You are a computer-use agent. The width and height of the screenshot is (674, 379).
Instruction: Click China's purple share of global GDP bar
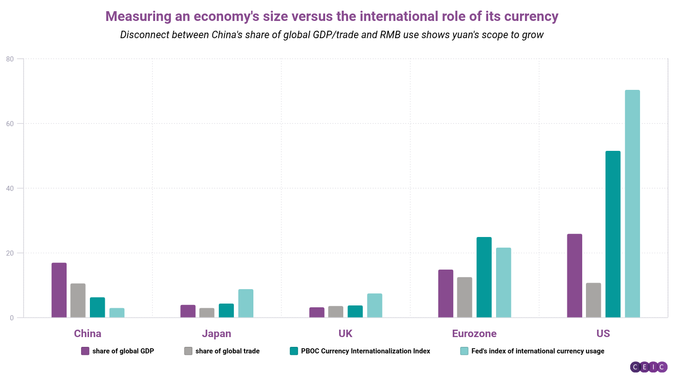click(59, 290)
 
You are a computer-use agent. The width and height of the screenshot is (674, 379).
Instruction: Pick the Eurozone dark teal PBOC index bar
click(484, 277)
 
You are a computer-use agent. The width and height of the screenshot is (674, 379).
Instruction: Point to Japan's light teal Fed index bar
click(245, 304)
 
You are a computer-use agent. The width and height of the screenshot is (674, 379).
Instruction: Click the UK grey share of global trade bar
click(335, 312)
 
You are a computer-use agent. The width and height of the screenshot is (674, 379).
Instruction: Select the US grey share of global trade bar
click(593, 300)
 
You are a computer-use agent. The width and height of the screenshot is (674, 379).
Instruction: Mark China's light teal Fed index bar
click(117, 313)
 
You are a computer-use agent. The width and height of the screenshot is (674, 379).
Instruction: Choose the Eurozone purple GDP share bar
click(446, 294)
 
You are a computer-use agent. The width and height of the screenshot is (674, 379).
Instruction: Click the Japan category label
click(217, 334)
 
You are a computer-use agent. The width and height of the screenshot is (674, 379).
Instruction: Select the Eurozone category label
click(474, 334)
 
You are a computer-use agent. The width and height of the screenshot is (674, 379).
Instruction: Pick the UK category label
click(346, 334)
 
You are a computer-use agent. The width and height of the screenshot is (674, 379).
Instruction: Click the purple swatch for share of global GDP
click(85, 351)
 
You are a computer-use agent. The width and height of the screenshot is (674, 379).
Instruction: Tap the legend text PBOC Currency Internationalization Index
click(365, 351)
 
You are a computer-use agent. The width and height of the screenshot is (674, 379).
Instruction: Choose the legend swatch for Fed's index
click(464, 351)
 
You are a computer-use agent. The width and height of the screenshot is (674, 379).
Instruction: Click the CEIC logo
click(648, 367)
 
